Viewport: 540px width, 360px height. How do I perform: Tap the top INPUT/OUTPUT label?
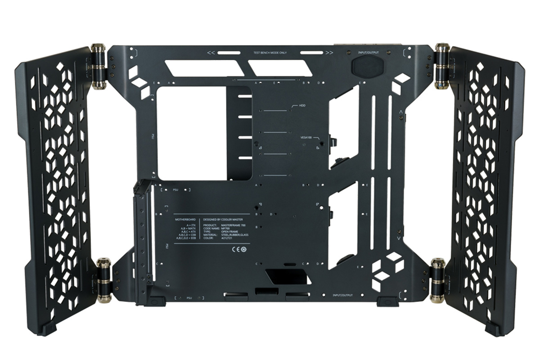click(x=368, y=53)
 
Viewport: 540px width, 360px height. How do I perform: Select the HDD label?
click(x=302, y=106)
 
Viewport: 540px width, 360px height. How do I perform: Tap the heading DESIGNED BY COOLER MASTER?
click(x=226, y=219)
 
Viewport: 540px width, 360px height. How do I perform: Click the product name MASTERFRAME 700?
click(x=237, y=225)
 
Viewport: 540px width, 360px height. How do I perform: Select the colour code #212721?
click(x=227, y=238)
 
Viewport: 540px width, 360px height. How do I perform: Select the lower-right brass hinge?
click(x=437, y=280)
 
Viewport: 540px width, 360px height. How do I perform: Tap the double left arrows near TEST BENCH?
click(x=210, y=53)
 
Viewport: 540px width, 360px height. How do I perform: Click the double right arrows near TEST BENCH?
click(x=329, y=53)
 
